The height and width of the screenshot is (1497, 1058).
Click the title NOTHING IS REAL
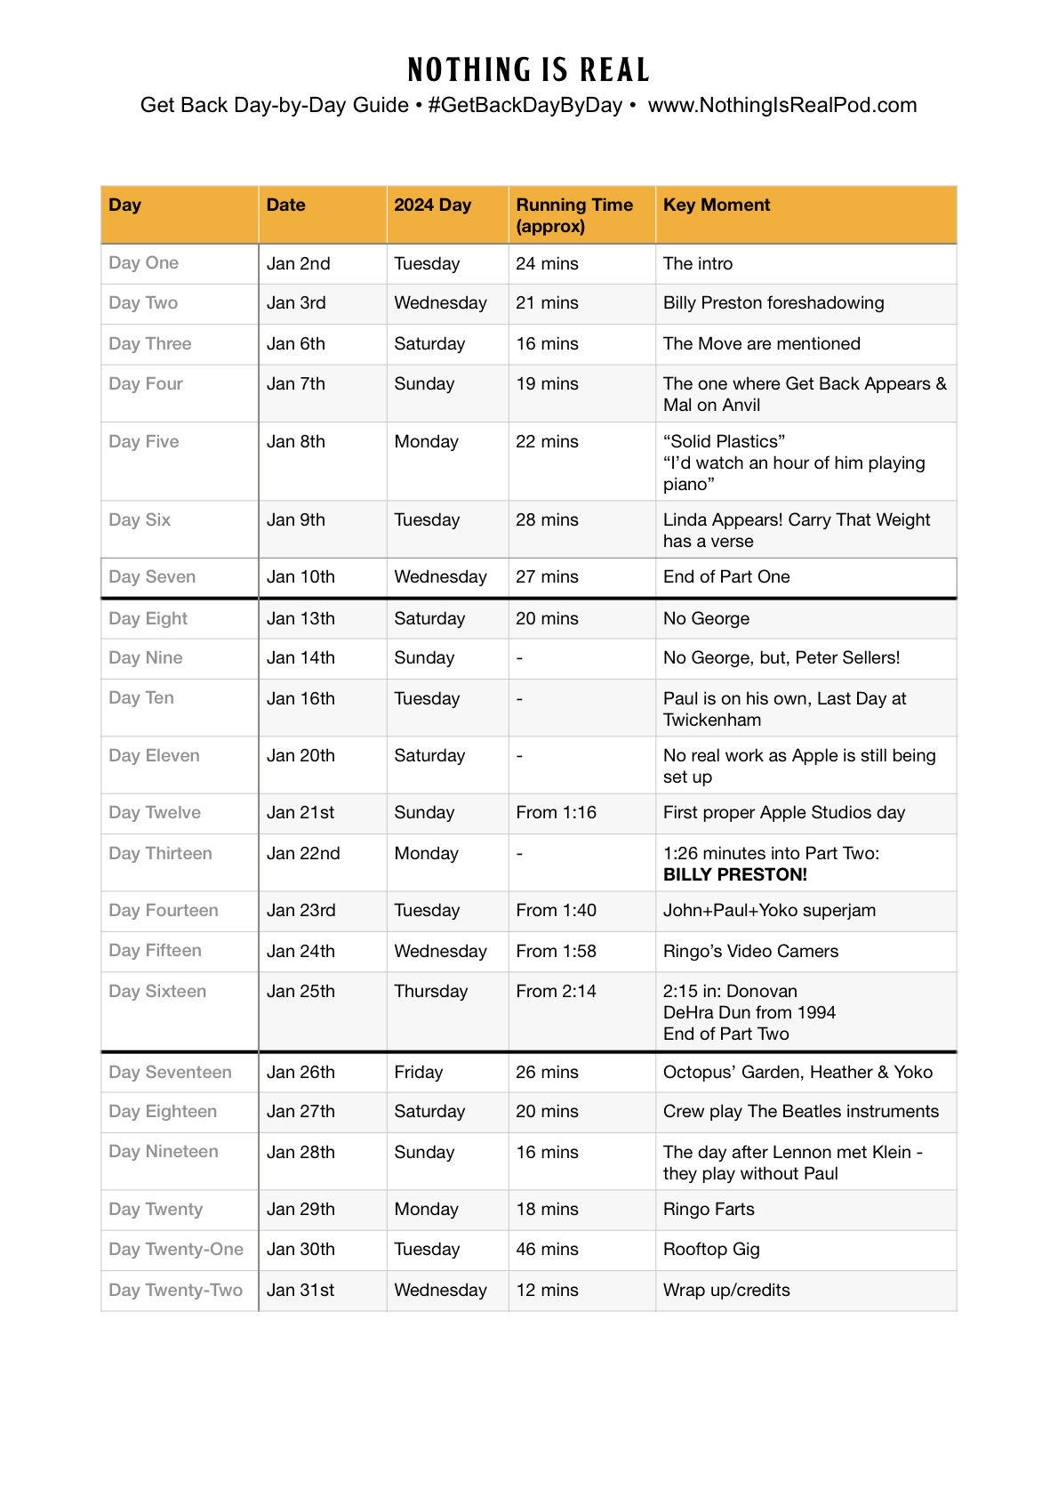tap(528, 70)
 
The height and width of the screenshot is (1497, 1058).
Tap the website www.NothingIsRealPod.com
tap(781, 106)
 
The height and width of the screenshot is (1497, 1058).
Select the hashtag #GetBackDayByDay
tap(525, 106)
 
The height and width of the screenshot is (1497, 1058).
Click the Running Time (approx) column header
tap(574, 215)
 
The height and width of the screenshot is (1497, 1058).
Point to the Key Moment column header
tap(716, 205)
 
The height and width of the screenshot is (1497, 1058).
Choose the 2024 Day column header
tap(432, 205)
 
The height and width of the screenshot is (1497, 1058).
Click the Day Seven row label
tap(152, 577)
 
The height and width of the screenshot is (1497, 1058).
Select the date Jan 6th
tap(296, 344)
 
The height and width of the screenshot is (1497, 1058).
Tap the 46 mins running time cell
tap(547, 1250)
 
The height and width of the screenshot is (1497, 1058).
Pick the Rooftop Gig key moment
tap(711, 1250)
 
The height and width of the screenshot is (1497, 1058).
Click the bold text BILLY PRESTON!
tap(734, 874)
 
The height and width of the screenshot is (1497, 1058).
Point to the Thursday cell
tap(430, 992)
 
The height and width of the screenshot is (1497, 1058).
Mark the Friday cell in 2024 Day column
tap(418, 1073)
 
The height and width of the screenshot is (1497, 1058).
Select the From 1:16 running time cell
tap(556, 813)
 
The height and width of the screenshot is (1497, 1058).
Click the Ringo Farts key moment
tap(709, 1210)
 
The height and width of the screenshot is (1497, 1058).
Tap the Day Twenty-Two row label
tap(175, 1291)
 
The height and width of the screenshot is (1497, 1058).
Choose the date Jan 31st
tap(301, 1291)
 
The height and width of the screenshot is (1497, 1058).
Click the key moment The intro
tap(698, 264)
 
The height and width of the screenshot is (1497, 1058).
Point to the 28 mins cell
tap(547, 520)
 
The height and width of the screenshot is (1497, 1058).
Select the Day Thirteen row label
tap(160, 854)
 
